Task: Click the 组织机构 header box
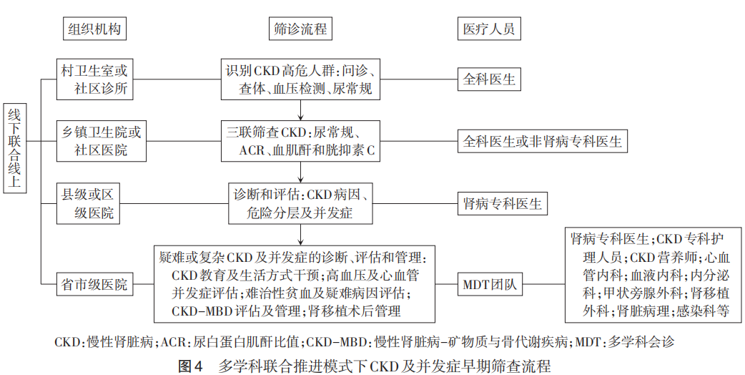coord(94,29)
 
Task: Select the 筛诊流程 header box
coord(300,29)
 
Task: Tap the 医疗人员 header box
coord(489,29)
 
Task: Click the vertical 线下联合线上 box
coord(15,148)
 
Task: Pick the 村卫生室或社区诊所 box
coord(94,79)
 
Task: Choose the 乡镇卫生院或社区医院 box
coord(102,141)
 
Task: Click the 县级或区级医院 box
coord(88,203)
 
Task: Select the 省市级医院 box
coord(94,284)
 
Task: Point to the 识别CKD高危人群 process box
coord(301,79)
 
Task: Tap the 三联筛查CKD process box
coord(301,141)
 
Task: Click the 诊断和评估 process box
coord(301,203)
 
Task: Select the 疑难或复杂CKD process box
coord(295,284)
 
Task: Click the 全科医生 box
coord(489,79)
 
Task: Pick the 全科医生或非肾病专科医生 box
coord(543,141)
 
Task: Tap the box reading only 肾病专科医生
coord(502,203)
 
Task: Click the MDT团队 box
coord(489,284)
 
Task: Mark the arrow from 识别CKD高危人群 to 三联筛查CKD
coord(301,110)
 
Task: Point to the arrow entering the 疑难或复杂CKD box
coord(301,234)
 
